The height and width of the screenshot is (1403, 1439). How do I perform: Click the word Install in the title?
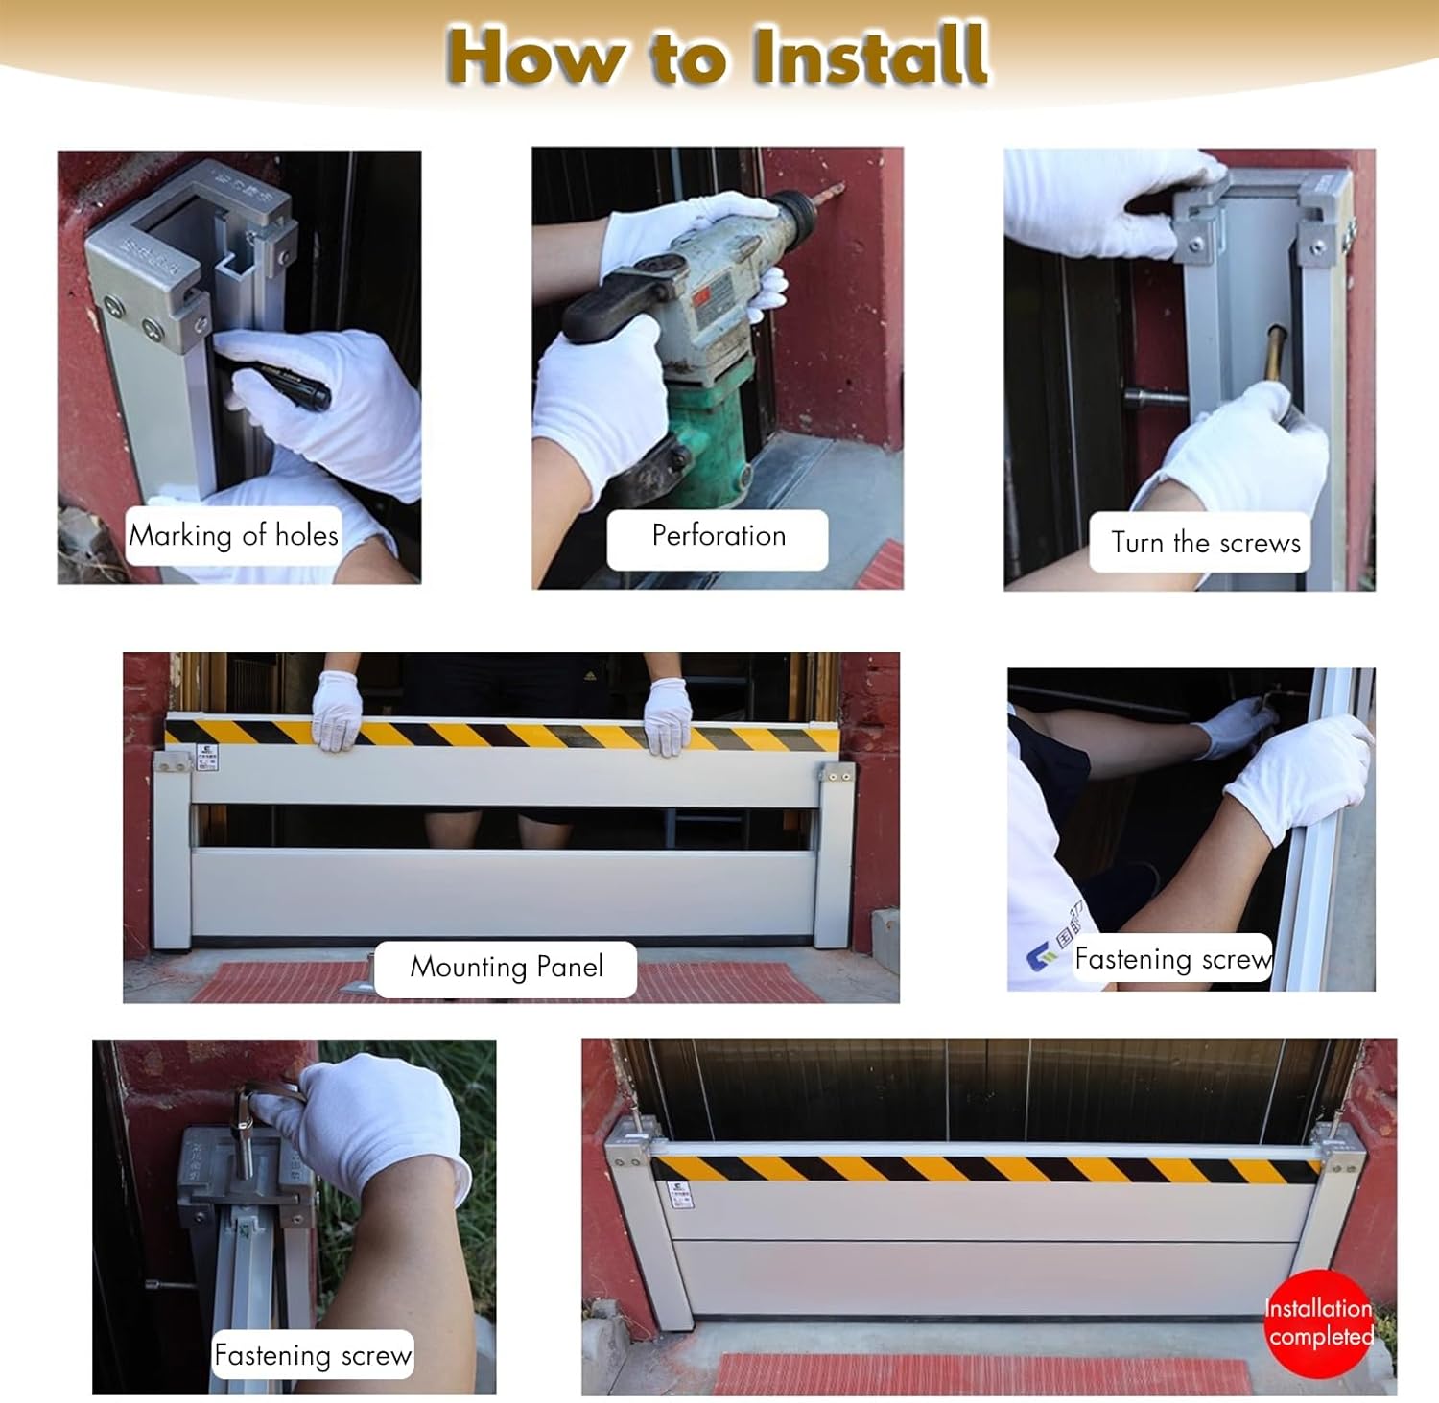[x=870, y=56]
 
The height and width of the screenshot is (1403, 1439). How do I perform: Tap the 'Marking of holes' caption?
[x=234, y=535]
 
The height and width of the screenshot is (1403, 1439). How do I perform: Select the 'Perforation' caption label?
[x=718, y=536]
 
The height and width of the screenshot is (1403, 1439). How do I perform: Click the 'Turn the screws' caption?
[x=1204, y=543]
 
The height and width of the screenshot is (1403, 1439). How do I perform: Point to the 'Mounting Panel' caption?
[x=507, y=967]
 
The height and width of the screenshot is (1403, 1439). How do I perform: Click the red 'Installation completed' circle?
[x=1319, y=1322]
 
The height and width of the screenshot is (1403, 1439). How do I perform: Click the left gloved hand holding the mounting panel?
[x=337, y=712]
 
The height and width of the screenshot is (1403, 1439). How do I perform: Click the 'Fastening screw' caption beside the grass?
[x=313, y=1355]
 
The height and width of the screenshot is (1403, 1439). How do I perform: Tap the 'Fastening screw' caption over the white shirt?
[x=1172, y=958]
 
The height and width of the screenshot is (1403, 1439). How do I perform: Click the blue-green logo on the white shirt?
[x=1039, y=955]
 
